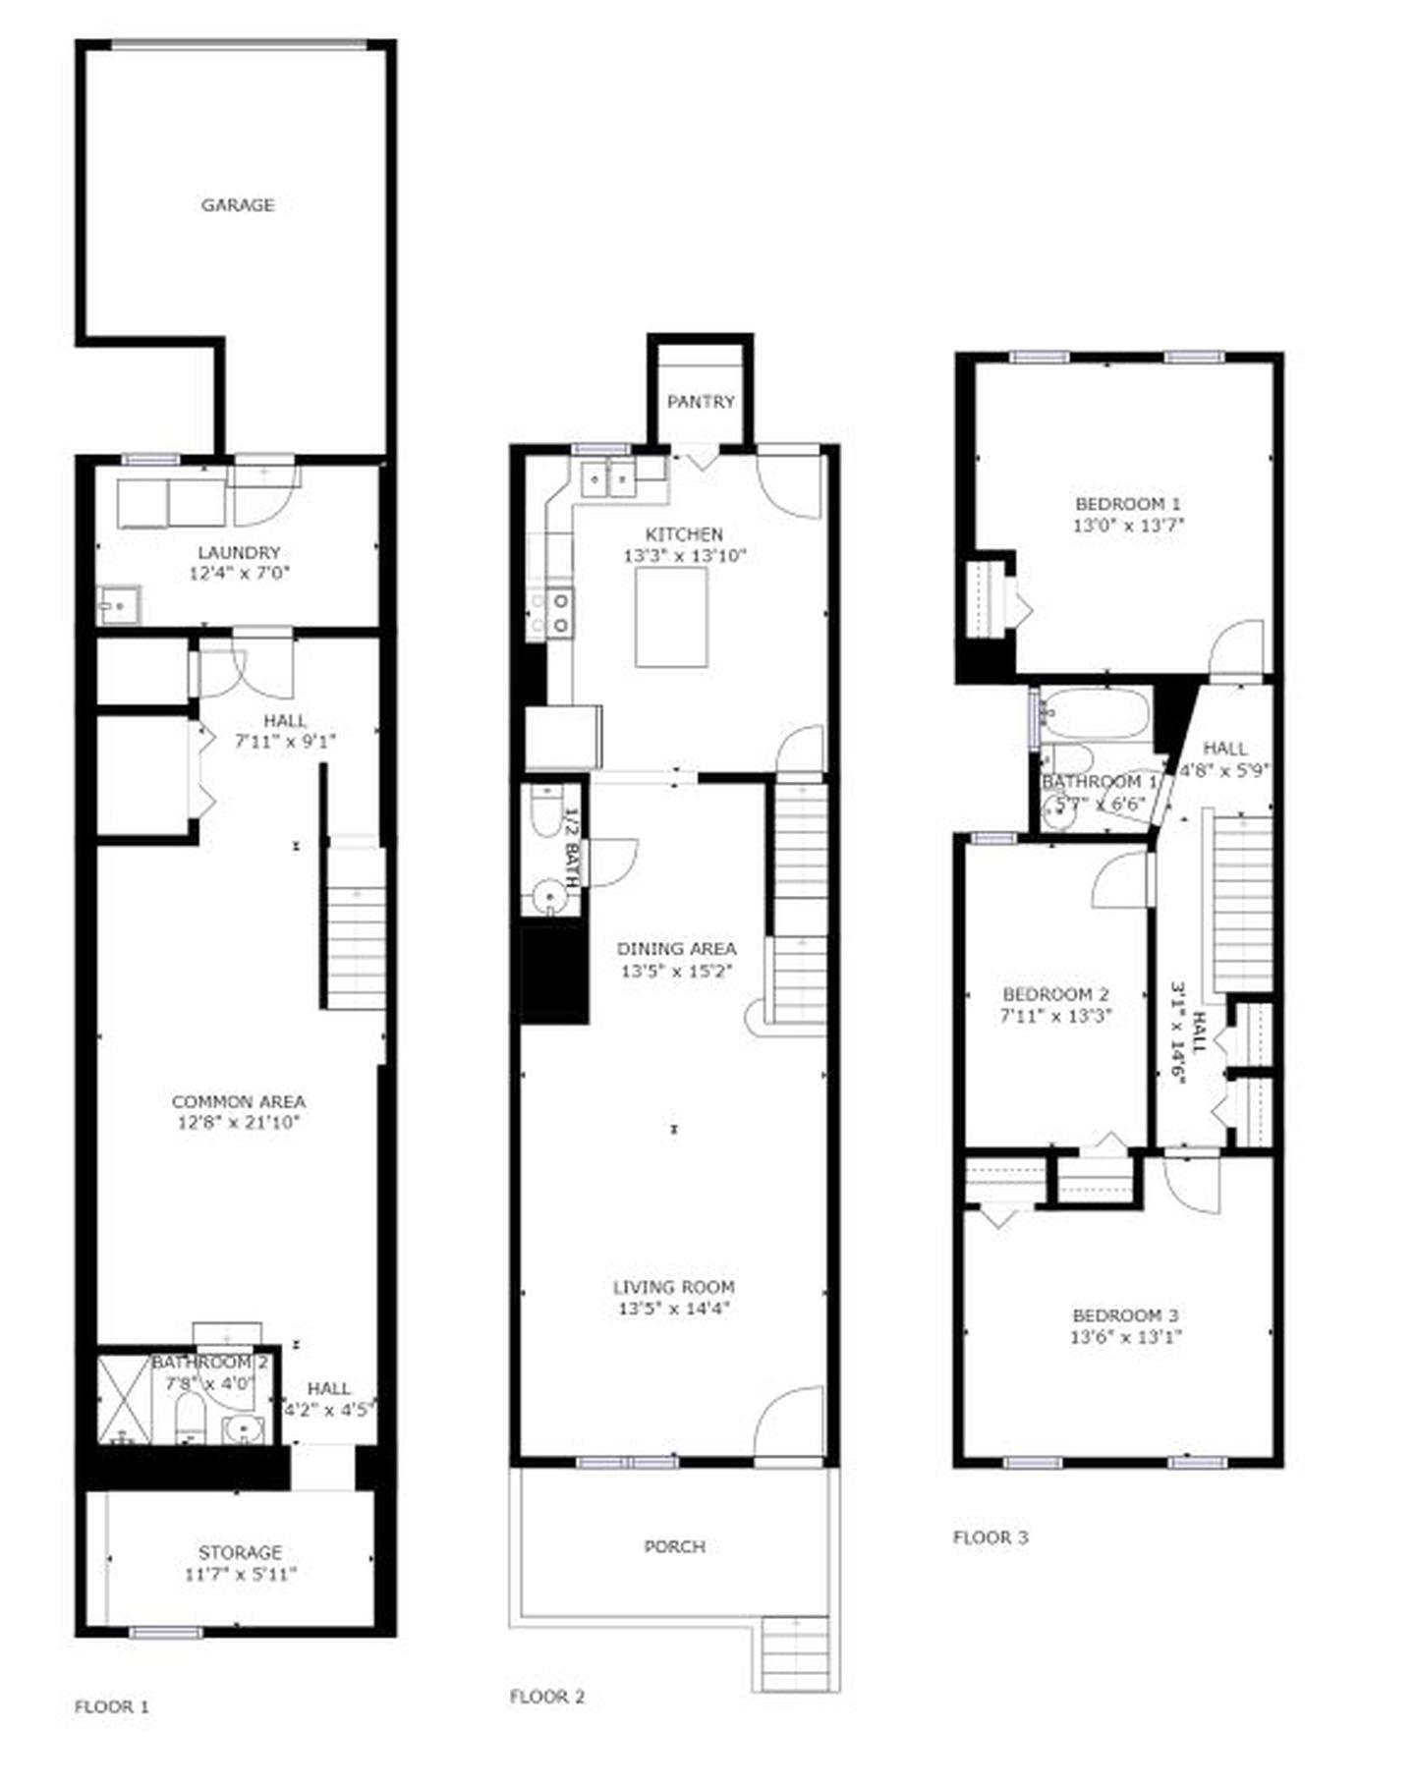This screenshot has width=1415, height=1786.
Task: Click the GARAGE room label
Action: coord(238,205)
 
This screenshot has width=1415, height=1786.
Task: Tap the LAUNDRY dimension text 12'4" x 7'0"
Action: coord(240,573)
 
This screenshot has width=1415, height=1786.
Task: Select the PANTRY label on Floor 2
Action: coord(701,402)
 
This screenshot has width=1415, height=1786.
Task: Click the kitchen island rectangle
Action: coord(671,618)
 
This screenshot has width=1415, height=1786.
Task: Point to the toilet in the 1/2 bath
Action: coord(544,811)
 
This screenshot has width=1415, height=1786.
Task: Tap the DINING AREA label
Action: coord(676,949)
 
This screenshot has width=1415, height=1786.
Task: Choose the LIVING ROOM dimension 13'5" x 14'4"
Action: coord(675,1309)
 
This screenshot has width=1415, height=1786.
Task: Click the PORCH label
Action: coord(674,1546)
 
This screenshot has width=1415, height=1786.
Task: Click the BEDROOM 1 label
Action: coord(1128,504)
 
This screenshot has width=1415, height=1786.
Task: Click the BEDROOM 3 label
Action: coord(1125,1315)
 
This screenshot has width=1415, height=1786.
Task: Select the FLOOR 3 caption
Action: coord(990,1537)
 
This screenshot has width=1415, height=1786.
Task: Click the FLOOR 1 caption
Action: coord(112,1707)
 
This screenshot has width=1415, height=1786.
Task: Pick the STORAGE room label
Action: coord(240,1552)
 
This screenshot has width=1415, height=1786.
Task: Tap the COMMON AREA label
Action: coord(239,1102)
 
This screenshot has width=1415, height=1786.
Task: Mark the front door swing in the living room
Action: coord(792,1423)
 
